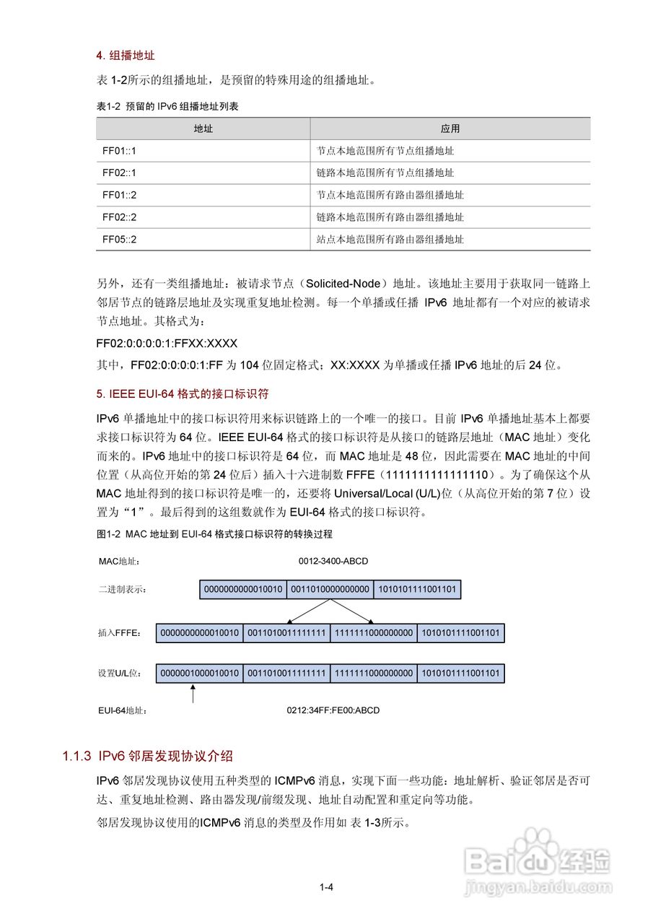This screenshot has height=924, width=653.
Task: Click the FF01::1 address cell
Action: coord(119,151)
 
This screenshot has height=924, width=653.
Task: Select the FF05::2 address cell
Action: coord(119,239)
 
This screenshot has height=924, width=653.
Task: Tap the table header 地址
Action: coord(203,128)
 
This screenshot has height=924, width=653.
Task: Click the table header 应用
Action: coord(450,128)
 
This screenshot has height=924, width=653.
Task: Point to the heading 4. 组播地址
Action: coord(126,55)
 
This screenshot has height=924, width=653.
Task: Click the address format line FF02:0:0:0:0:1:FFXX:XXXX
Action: coord(167,343)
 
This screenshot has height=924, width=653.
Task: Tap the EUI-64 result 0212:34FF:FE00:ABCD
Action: coord(333,710)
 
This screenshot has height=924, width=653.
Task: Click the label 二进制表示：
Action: coord(123,590)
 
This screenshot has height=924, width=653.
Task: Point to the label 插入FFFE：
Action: coord(119,634)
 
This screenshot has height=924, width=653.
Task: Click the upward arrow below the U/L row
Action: coord(193,694)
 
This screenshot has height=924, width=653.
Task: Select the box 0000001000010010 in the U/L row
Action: coord(200,674)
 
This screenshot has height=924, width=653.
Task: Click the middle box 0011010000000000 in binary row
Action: coord(330,590)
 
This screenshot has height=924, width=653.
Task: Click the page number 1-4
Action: coord(326,888)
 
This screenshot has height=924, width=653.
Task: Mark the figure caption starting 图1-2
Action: coord(214,534)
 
